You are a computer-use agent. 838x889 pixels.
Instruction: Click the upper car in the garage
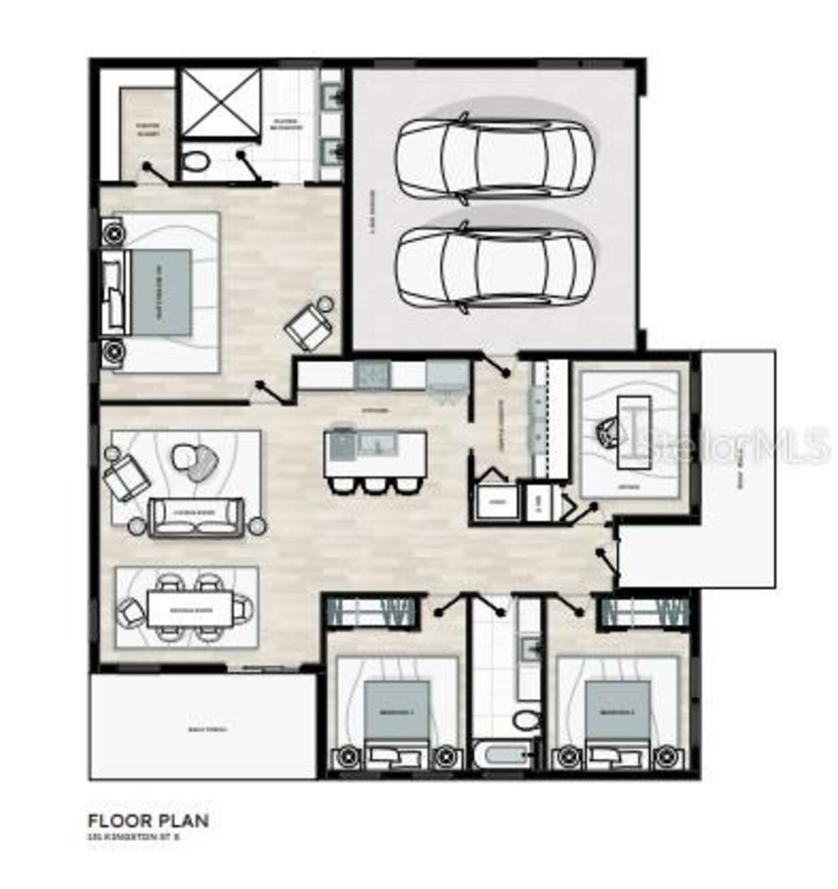tap(496, 158)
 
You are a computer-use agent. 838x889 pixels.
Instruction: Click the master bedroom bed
tap(160, 292)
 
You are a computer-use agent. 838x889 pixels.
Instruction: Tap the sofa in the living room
tap(196, 517)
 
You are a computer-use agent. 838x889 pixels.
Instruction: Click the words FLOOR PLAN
tap(149, 820)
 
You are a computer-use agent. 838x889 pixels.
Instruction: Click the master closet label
tap(147, 129)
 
